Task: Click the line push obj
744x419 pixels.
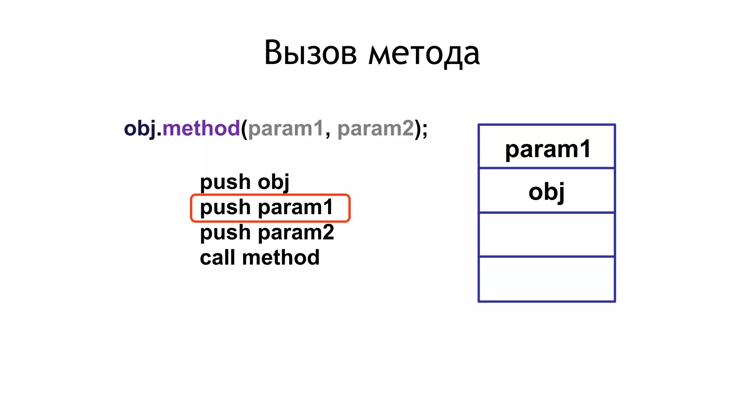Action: point(244,181)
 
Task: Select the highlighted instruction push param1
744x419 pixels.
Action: point(266,207)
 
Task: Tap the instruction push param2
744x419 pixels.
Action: point(267,232)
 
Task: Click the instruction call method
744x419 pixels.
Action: point(260,258)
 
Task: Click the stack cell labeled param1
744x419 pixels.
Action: point(547,147)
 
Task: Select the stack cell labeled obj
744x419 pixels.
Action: point(547,191)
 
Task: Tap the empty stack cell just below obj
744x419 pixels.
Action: point(547,235)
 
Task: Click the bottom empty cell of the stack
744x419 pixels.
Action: point(547,279)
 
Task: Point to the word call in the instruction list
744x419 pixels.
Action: point(217,258)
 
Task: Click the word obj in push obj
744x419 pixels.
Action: point(273,181)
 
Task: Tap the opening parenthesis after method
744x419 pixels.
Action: point(244,129)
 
